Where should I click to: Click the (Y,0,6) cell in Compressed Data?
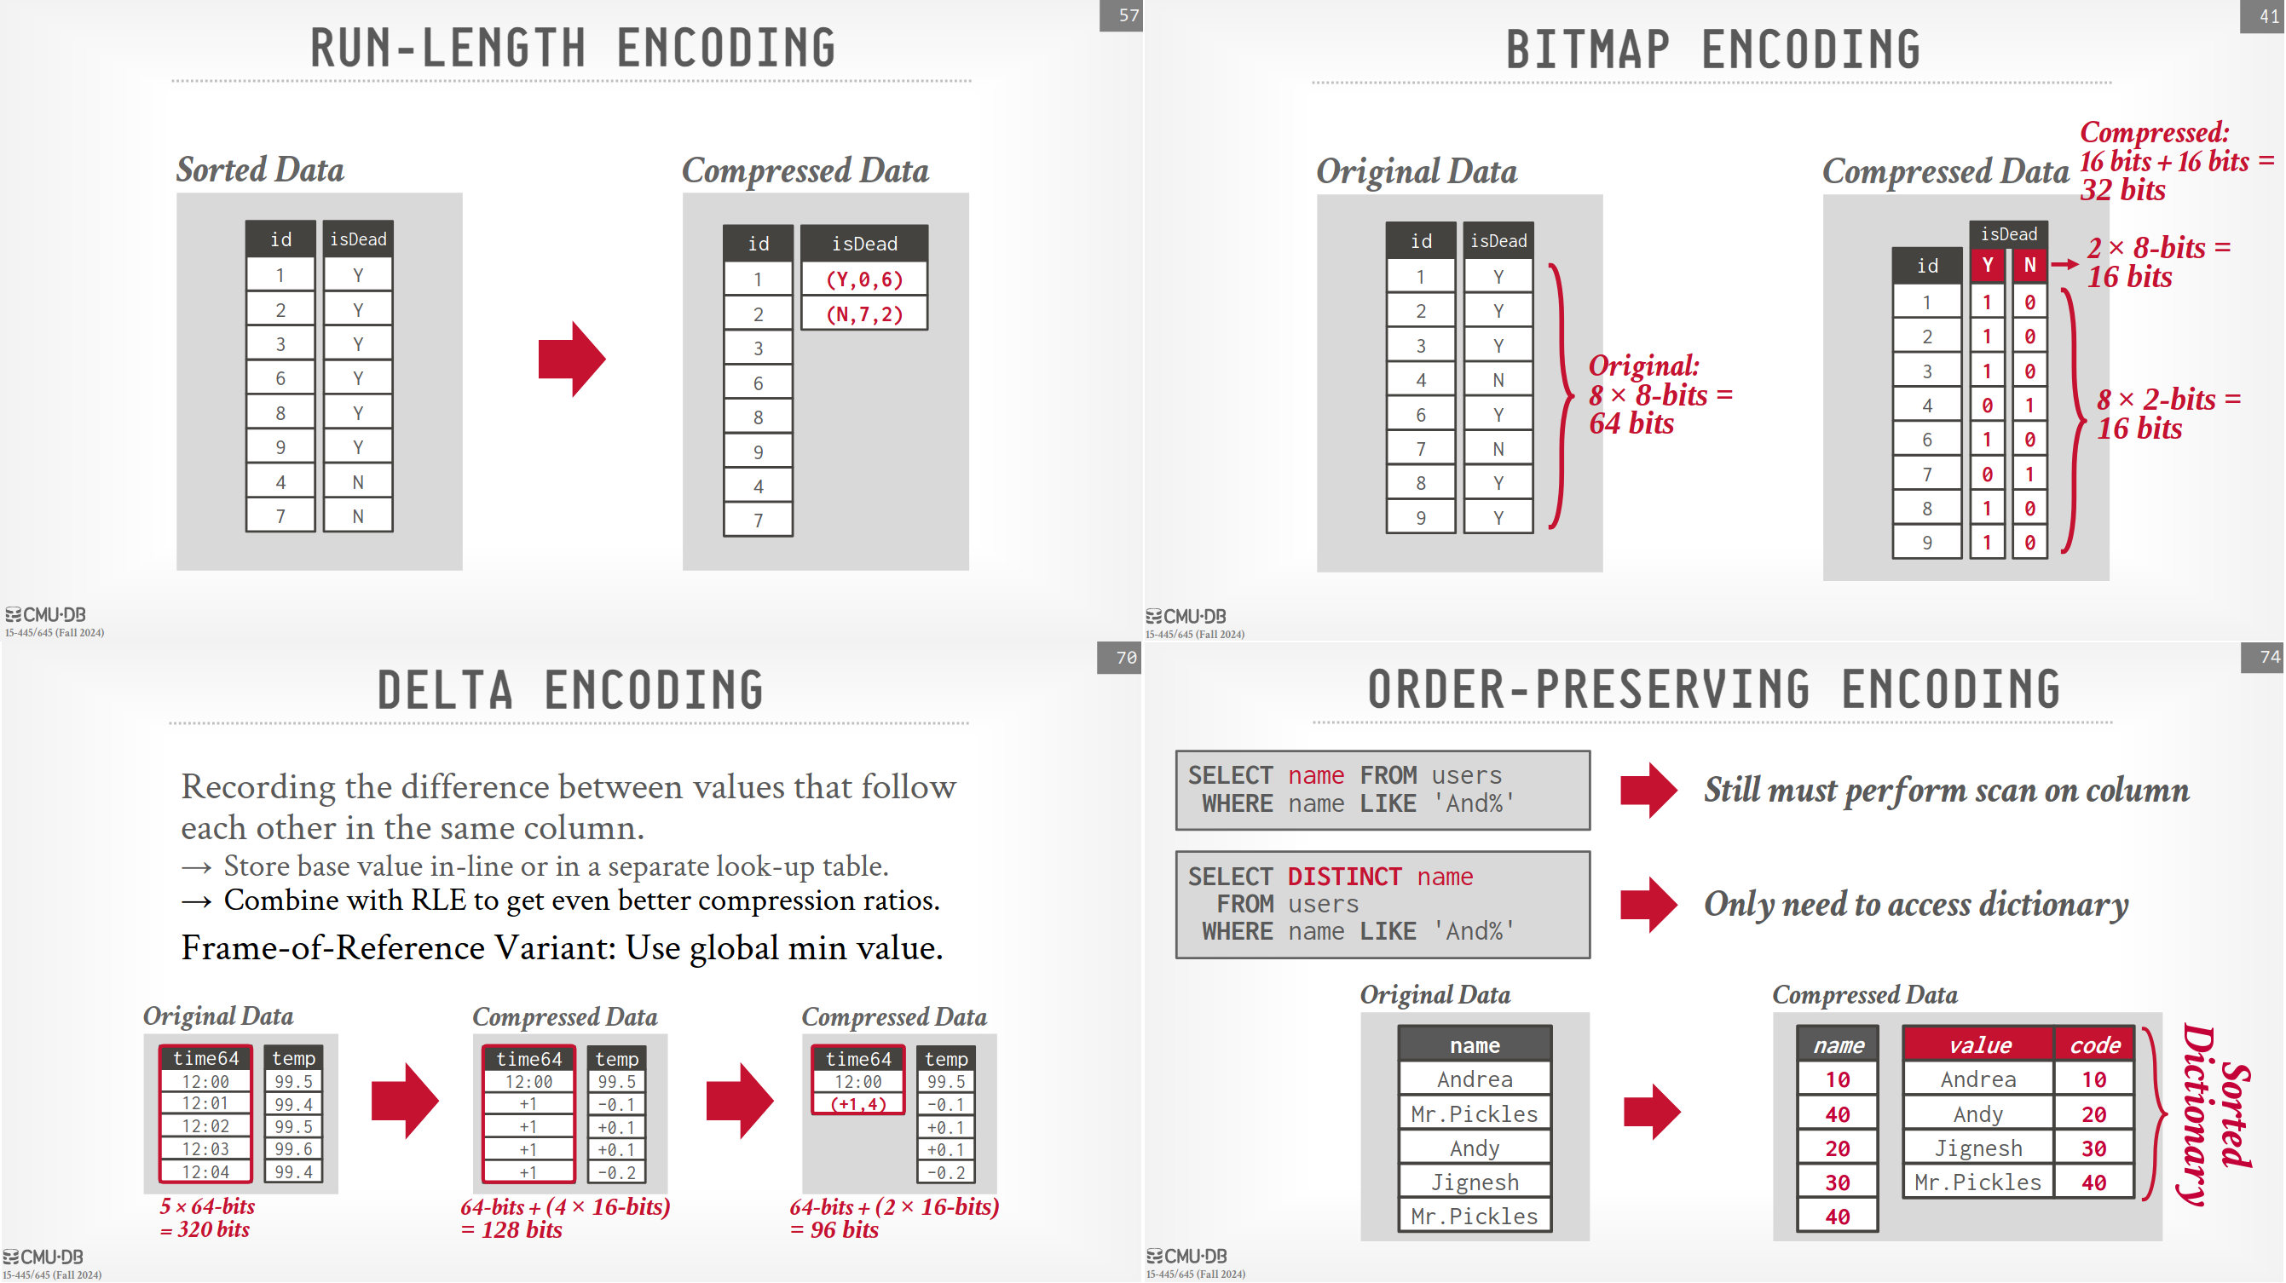[864, 279]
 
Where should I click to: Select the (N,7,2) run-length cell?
[864, 314]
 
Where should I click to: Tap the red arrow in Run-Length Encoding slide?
[573, 360]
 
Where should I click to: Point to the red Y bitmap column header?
[1987, 265]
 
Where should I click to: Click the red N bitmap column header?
[2029, 265]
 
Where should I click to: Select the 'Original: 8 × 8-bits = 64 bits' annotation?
[1660, 394]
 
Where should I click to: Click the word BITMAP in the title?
[1589, 49]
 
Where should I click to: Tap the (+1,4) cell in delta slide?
[858, 1104]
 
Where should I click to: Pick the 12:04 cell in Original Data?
[206, 1171]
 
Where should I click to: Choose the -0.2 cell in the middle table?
[616, 1172]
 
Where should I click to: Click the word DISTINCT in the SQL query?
[1344, 877]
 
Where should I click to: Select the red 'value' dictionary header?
[1979, 1045]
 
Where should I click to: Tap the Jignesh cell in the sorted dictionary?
[1979, 1148]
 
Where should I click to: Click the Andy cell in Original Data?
[1475, 1148]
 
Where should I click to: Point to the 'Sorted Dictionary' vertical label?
[2216, 1114]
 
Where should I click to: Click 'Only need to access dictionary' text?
[1916, 904]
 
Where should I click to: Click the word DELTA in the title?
[446, 690]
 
